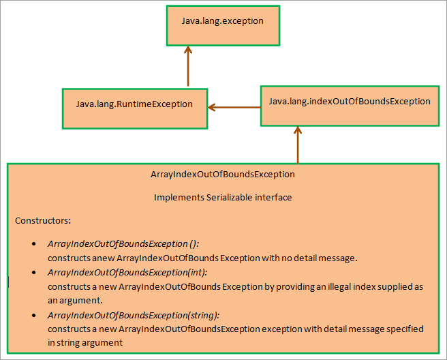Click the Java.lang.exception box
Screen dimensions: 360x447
pos(222,25)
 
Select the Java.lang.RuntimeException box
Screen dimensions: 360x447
pos(134,108)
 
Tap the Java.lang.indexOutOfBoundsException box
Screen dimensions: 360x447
pos(349,104)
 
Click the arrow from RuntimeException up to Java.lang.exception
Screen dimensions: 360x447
pos(188,67)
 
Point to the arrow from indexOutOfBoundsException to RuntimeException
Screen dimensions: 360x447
pos(234,107)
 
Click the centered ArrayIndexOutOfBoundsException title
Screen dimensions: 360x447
pos(222,175)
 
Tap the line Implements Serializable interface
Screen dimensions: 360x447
pos(222,198)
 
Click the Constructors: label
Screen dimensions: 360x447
pos(43,221)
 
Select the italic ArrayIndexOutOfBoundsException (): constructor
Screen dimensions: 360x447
pos(123,244)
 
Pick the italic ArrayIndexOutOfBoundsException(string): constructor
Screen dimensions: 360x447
pos(134,316)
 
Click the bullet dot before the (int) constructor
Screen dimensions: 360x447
pos(34,273)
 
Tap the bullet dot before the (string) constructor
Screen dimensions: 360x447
pos(34,316)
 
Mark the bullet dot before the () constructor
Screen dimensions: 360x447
pos(34,244)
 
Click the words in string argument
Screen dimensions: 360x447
pos(85,343)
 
